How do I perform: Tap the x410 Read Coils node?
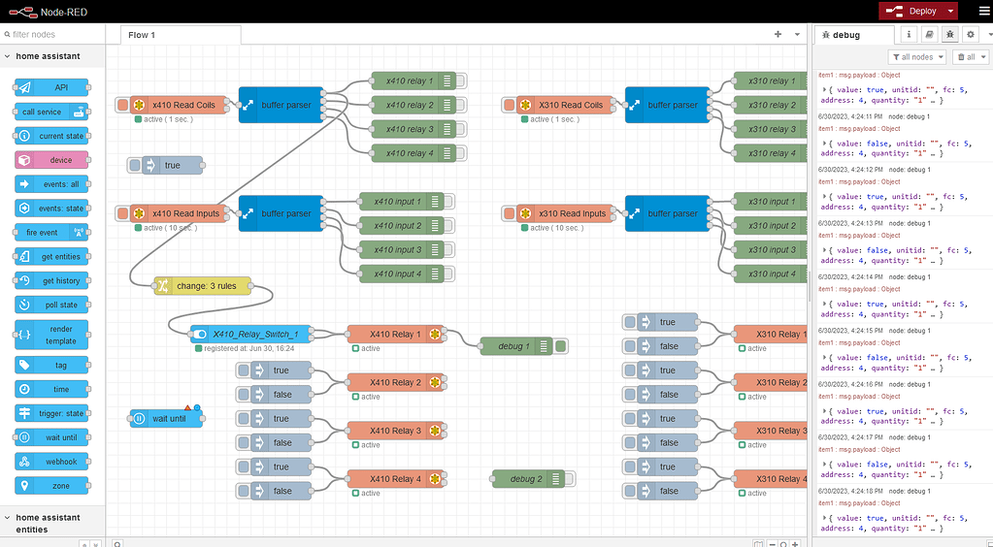179,105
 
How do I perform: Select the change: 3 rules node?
202,285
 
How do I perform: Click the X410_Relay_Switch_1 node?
255,334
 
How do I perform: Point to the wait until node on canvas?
167,418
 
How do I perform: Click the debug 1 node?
514,345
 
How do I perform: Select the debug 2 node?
526,478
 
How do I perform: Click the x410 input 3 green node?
397,249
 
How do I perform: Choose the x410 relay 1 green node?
409,80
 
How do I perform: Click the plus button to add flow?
778,34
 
